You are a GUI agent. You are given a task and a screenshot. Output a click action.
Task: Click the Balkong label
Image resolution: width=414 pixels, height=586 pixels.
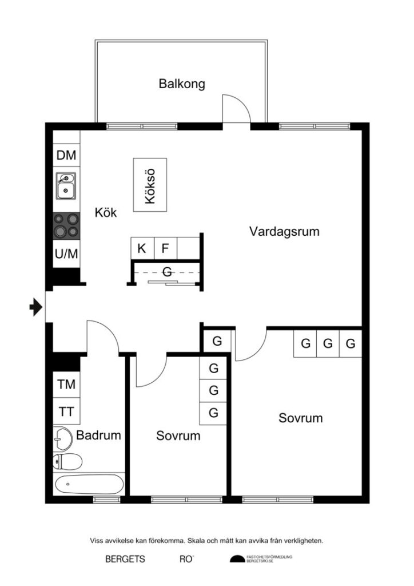[181, 84]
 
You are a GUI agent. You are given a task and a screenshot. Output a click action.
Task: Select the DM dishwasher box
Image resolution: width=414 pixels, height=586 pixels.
[67, 155]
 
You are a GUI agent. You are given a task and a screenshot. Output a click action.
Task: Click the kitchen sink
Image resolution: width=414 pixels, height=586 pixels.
[67, 185]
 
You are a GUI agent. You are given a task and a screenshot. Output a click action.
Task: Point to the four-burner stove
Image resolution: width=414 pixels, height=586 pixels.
[66, 225]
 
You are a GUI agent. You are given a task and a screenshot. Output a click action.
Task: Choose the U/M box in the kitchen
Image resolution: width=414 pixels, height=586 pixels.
[67, 254]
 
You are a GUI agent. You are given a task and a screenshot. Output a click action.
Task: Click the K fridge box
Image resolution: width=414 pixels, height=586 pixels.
[142, 248]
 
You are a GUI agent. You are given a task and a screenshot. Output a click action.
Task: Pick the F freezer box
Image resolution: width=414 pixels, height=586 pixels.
[165, 248]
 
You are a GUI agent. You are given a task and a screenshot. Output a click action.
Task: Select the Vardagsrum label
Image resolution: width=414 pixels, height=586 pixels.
[284, 232]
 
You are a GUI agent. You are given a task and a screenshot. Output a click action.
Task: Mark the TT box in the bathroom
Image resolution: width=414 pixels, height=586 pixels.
[66, 411]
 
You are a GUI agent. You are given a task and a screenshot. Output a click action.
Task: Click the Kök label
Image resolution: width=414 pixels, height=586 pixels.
[106, 213]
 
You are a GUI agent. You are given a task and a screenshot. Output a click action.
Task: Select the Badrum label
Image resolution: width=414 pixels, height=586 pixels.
[99, 435]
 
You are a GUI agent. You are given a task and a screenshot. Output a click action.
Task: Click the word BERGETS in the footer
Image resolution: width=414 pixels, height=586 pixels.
[125, 559]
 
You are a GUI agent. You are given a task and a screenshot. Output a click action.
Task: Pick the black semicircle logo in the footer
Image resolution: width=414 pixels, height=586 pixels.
[237, 559]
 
